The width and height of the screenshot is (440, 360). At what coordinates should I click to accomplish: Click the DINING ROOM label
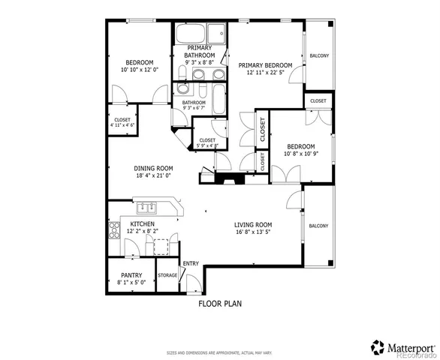154,169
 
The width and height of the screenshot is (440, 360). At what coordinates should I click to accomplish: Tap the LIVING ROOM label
252,225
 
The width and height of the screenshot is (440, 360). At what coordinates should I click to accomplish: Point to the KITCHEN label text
143,224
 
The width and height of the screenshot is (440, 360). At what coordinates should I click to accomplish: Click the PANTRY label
131,275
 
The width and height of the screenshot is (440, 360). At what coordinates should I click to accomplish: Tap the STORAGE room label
167,275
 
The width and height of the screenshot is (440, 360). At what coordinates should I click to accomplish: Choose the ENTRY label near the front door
191,262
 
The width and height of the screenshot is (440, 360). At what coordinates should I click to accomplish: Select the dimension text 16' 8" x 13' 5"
252,232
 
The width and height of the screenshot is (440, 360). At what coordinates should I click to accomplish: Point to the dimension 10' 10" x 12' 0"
140,70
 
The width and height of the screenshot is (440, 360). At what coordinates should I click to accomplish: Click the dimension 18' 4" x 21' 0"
154,176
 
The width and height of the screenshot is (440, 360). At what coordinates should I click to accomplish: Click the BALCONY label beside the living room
318,226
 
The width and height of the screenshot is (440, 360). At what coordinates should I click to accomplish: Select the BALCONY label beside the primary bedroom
318,55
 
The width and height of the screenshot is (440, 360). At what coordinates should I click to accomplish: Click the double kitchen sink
146,207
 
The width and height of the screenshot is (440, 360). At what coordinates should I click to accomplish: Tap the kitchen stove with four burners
115,230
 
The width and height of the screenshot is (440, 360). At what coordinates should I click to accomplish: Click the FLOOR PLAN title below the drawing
219,304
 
